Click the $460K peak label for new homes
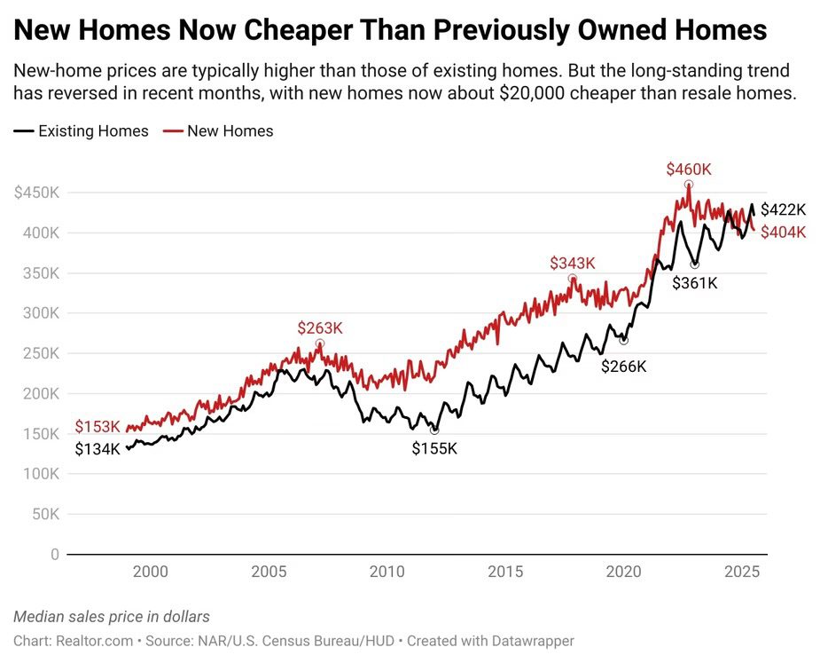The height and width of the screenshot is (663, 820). point(689,169)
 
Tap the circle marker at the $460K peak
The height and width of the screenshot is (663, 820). point(689,185)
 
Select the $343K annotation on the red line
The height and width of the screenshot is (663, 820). point(572,263)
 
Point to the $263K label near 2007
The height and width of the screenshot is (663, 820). point(319,328)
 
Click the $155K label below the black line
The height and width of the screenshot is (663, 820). point(434,448)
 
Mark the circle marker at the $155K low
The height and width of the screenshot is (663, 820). point(434,430)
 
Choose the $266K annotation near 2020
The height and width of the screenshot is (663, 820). point(623,366)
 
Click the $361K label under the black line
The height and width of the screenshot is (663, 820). point(694,283)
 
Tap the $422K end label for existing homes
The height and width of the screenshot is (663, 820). point(784,209)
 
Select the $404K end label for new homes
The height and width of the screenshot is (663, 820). point(784,232)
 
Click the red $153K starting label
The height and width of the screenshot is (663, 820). point(97,427)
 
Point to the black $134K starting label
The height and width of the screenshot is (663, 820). point(97,449)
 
